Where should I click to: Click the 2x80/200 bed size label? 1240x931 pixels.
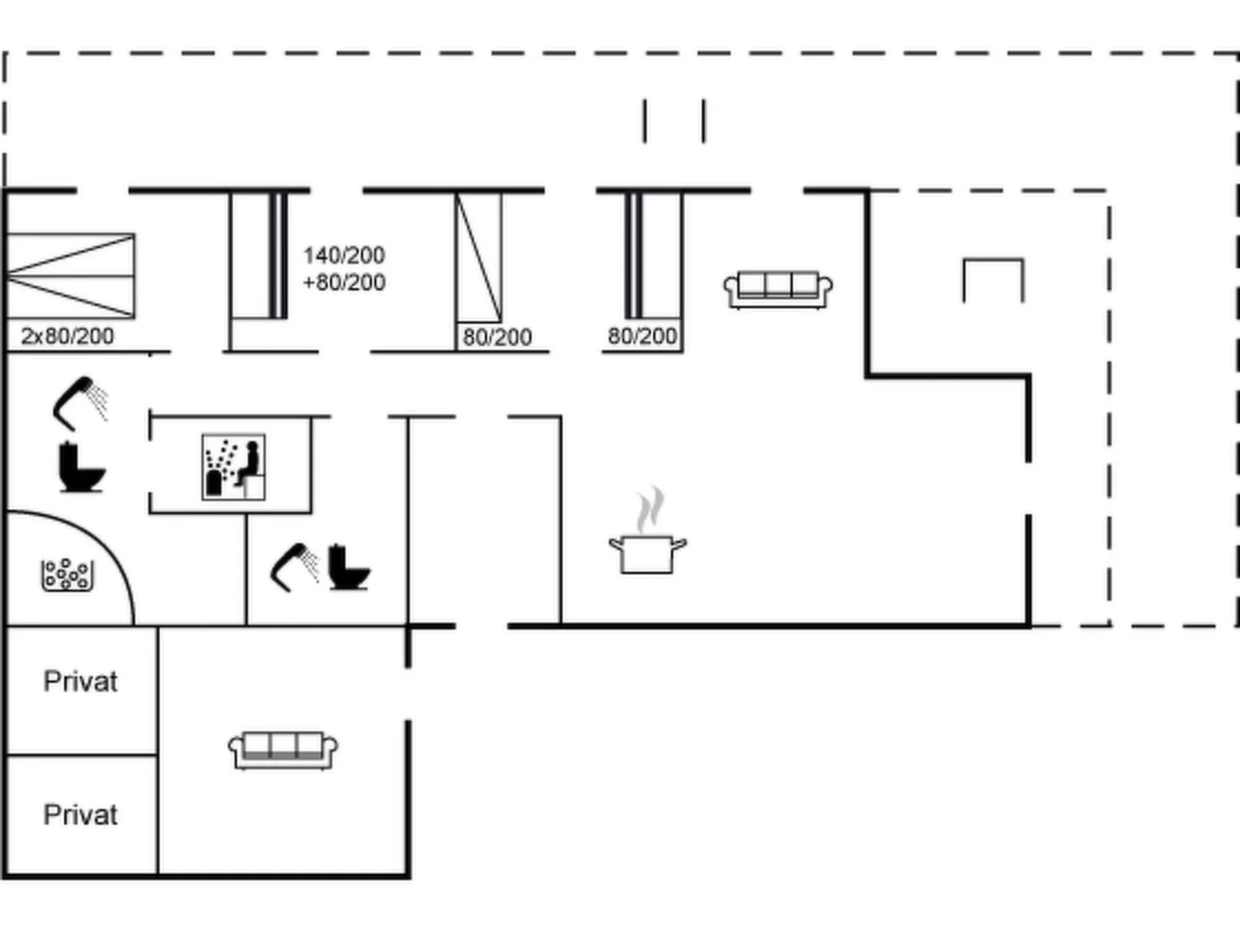[67, 336]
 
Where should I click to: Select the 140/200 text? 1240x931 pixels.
[344, 256]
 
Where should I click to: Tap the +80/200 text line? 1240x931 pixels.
[344, 282]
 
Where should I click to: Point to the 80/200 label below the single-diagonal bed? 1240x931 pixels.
[497, 338]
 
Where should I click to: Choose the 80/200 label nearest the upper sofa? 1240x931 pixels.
[642, 336]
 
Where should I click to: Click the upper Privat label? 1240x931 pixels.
[80, 681]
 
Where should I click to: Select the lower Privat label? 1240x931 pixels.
[80, 814]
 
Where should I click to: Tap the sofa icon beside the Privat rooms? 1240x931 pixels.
[283, 750]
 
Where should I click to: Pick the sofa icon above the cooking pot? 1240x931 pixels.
[778, 290]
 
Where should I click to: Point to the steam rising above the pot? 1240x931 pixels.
[649, 508]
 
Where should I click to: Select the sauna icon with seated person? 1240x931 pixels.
[234, 467]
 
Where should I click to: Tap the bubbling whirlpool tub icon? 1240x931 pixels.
[67, 575]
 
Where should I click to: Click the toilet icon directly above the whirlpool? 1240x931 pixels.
[82, 467]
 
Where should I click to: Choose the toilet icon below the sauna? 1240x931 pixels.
[348, 567]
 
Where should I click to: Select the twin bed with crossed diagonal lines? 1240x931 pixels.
[70, 276]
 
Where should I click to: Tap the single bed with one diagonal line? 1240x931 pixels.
[479, 257]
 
